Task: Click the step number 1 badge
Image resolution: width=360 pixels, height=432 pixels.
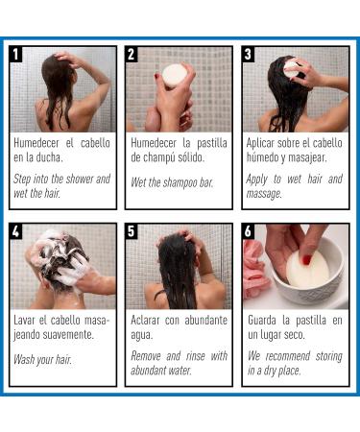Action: (x=15, y=54)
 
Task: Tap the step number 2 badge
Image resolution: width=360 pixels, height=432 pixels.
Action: (x=132, y=54)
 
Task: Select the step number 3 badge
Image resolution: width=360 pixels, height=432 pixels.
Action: (x=249, y=54)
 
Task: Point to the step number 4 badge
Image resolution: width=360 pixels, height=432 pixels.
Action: (x=15, y=231)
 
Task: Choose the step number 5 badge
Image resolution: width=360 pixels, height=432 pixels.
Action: (x=132, y=231)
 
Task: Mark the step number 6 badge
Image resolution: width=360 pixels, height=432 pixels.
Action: (x=249, y=231)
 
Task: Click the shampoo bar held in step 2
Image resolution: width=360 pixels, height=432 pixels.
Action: (x=175, y=76)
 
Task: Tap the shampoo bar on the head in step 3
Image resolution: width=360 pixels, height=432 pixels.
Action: (x=292, y=69)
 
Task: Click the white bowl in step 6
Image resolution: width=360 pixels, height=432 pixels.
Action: (x=308, y=275)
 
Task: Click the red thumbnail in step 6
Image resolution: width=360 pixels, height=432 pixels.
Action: (x=307, y=259)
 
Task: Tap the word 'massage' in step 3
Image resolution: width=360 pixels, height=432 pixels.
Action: (x=264, y=194)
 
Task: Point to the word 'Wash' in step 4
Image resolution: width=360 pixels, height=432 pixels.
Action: (x=24, y=359)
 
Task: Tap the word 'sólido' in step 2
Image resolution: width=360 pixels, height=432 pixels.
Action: (x=191, y=157)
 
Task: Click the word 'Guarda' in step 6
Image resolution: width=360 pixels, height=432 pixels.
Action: (x=262, y=320)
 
